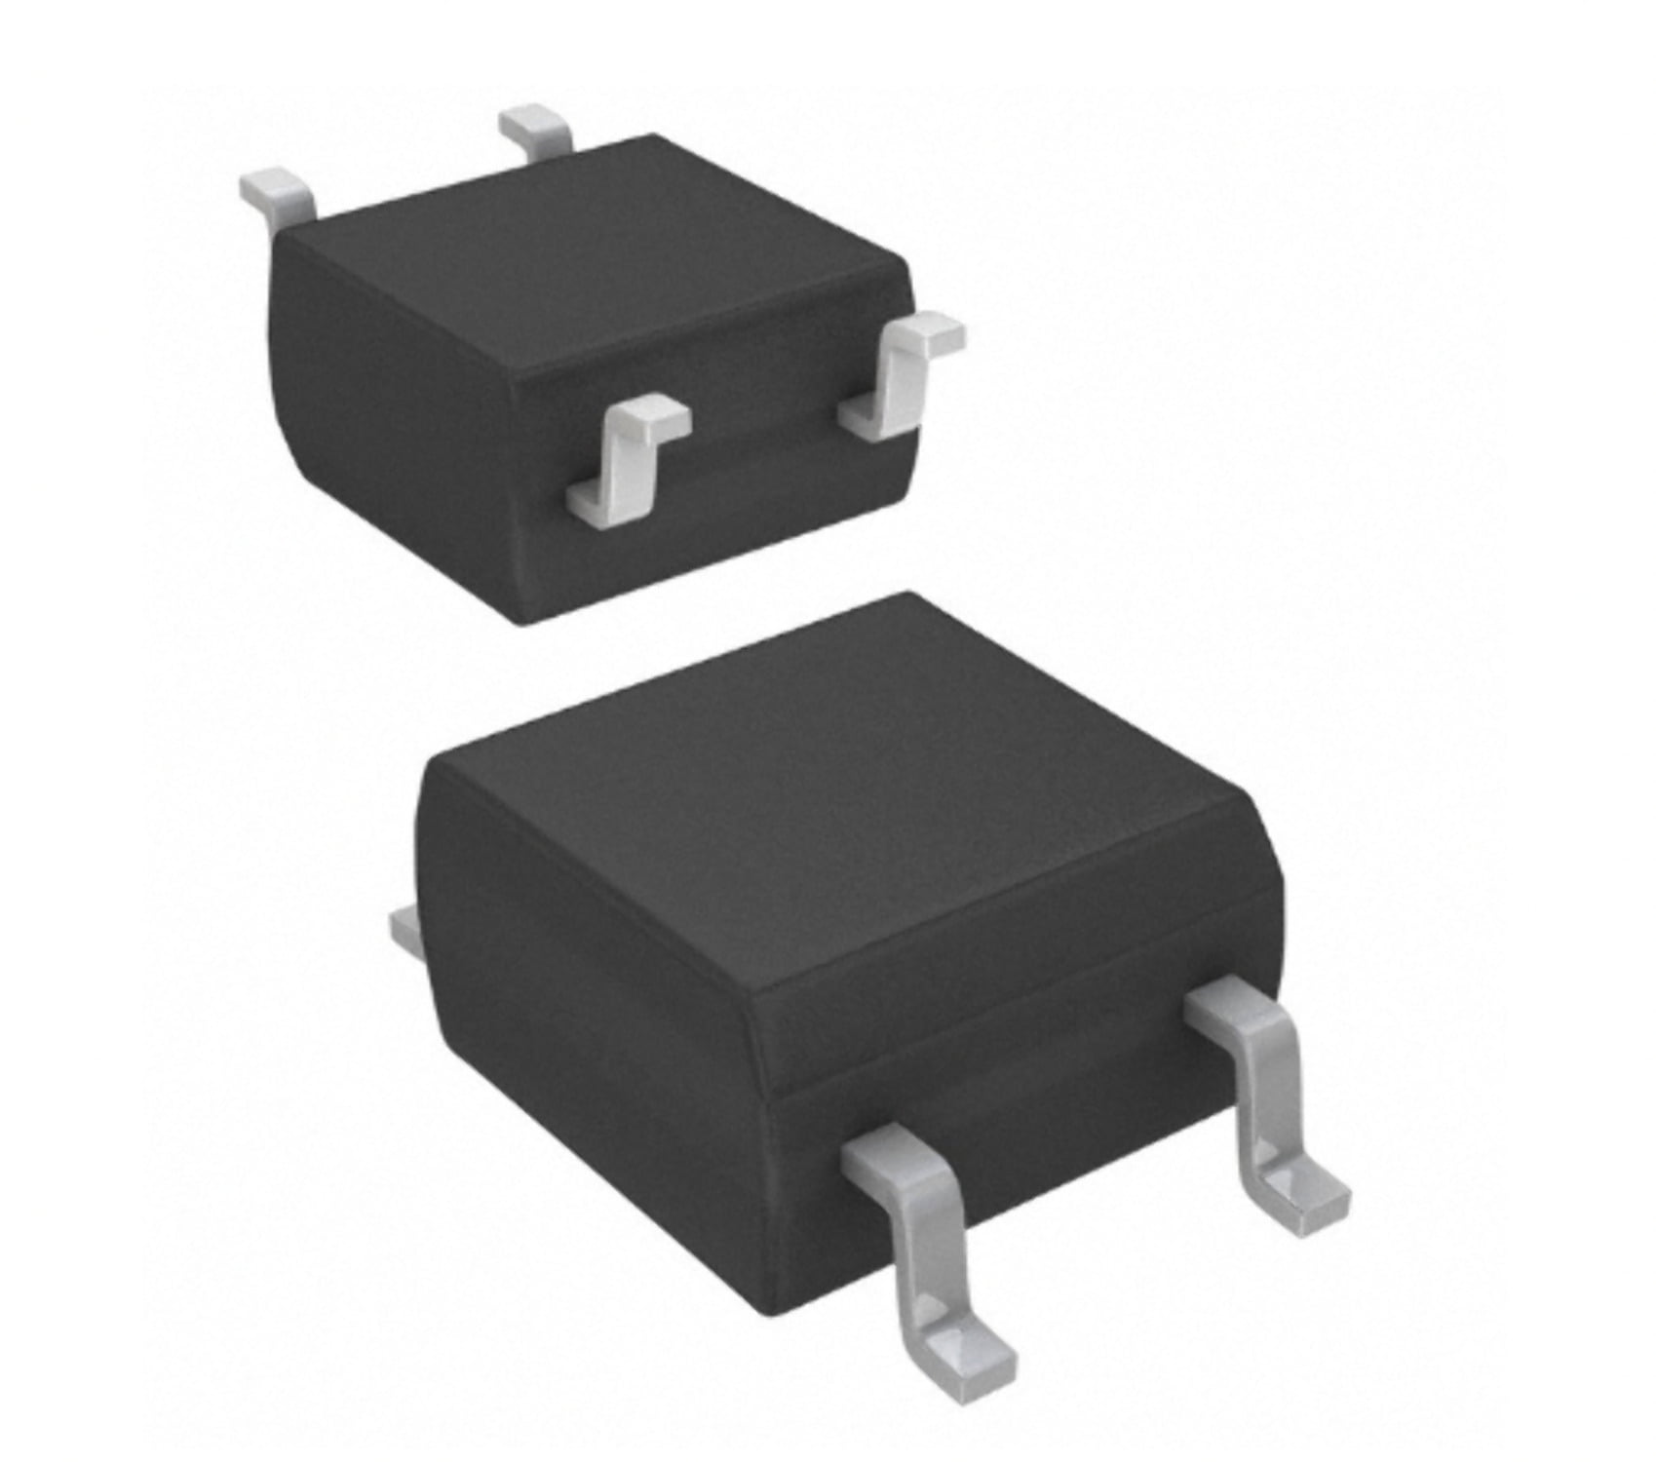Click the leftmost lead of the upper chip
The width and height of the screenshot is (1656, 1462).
[x=278, y=192]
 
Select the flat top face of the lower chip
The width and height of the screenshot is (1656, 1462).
[x=828, y=780]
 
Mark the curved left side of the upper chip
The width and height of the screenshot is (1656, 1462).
[x=390, y=419]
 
